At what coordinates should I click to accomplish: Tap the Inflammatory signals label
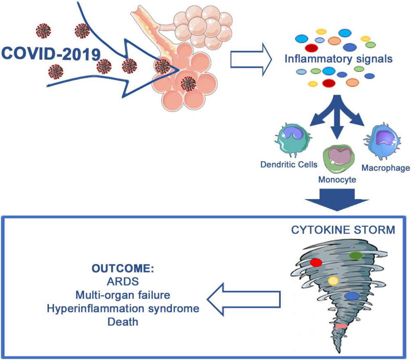click(339, 58)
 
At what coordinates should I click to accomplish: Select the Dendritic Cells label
click(289, 165)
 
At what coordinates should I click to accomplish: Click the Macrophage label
click(386, 168)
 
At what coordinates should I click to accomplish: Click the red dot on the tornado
click(316, 262)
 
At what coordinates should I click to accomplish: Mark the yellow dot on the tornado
click(333, 281)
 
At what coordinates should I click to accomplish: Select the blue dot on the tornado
click(352, 295)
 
